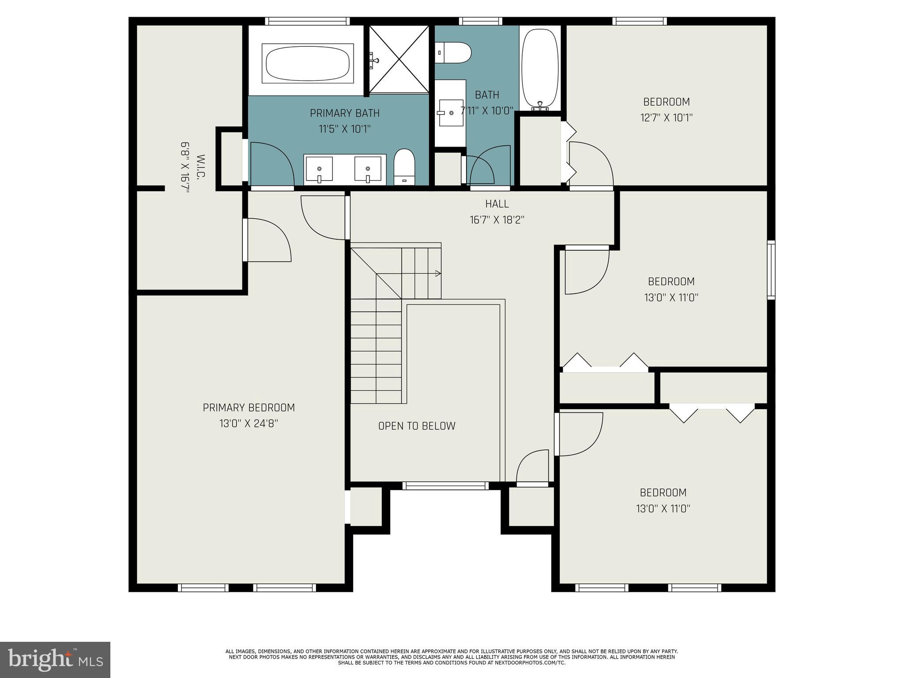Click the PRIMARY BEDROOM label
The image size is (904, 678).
point(249,407)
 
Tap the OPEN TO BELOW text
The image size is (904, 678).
point(417,426)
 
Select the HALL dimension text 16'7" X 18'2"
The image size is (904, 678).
point(497,220)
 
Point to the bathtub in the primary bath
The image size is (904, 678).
point(308,63)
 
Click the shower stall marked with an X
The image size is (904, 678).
point(399,59)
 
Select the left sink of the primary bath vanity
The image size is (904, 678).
point(319,169)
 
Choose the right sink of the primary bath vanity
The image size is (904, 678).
point(367,169)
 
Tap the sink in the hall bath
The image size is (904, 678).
point(451,113)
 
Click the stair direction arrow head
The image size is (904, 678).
point(438,273)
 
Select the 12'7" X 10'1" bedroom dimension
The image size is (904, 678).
point(667,118)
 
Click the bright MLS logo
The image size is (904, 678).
point(55,659)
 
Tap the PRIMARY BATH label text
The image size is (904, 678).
point(344,113)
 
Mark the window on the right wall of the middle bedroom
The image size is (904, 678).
point(771,269)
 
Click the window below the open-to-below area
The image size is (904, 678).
point(445,486)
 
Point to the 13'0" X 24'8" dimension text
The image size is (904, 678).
point(249,424)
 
